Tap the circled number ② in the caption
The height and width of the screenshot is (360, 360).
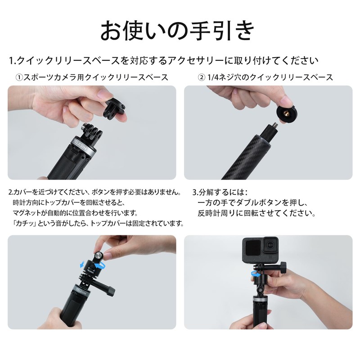pyautogui.click(x=201, y=77)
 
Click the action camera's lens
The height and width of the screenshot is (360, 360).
pyautogui.click(x=269, y=247)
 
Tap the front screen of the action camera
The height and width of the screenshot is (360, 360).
pyautogui.click(x=251, y=247)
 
